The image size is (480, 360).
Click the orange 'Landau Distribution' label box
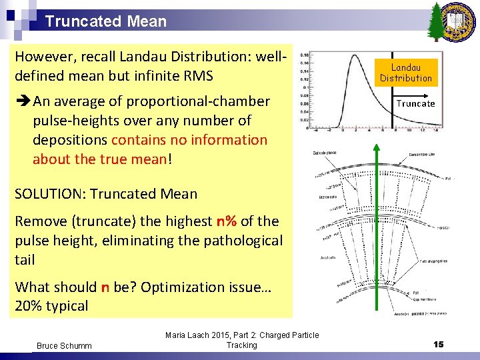point(406,73)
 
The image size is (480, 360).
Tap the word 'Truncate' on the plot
point(415,103)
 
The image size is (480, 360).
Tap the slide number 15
point(438,344)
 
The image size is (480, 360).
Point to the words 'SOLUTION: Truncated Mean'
point(106,194)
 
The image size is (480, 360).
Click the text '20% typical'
point(51,306)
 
